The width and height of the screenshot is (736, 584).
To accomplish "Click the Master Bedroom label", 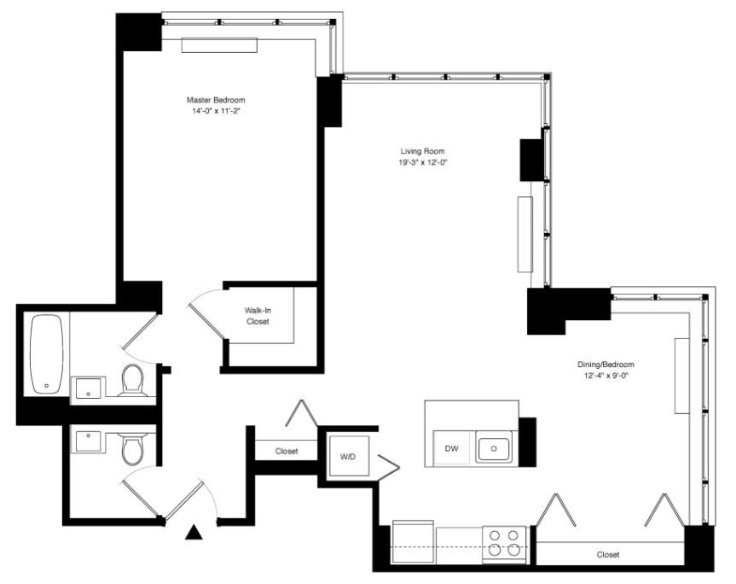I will (x=216, y=100).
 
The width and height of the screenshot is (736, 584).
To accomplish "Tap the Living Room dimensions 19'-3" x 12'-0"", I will (x=416, y=162).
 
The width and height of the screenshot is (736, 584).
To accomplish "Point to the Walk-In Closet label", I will (x=258, y=316).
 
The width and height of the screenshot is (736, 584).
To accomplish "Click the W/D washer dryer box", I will (x=347, y=457).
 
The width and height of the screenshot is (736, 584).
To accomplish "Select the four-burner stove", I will (x=503, y=543).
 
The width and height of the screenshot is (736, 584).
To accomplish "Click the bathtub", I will (x=45, y=354).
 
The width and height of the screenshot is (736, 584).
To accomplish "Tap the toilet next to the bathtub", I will (x=133, y=380).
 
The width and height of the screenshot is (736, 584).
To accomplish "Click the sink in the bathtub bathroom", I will (x=88, y=388).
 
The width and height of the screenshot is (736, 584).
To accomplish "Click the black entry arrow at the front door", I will (x=194, y=534).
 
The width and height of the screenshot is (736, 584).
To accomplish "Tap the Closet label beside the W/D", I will (x=287, y=452).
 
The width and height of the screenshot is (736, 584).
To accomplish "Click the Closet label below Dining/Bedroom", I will (x=608, y=555).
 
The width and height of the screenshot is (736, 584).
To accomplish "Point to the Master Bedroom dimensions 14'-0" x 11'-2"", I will (x=216, y=111).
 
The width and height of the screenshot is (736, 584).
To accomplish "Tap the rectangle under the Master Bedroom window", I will (x=219, y=45).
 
